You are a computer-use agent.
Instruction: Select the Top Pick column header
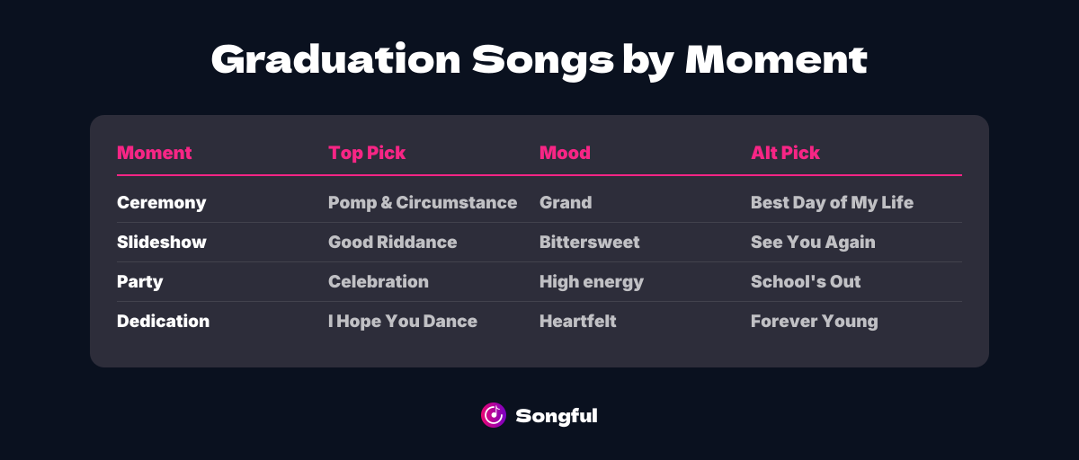367,153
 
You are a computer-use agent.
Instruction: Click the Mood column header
565,153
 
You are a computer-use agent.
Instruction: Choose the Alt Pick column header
785,153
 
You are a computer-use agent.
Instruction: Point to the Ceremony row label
161,203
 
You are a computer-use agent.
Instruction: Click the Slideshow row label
161,243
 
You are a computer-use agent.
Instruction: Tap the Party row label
139,282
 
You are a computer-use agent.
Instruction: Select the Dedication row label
163,322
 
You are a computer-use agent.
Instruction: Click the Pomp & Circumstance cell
423,203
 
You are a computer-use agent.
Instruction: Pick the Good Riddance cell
392,243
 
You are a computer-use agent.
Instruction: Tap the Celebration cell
378,282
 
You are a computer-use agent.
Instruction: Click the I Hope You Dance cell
402,322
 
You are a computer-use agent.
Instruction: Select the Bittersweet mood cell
589,243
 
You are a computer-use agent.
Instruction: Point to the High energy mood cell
591,282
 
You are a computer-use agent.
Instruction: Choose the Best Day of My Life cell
832,203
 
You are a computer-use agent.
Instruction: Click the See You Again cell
813,243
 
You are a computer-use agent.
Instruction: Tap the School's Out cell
806,282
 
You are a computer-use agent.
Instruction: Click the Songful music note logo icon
494,414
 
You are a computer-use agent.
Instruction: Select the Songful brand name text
557,415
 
